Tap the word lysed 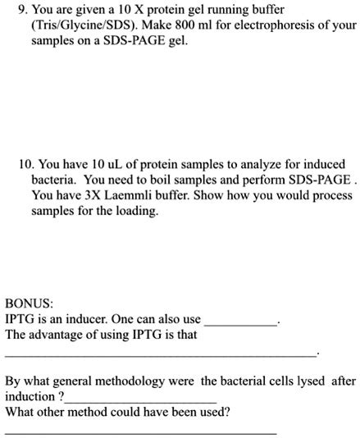coord(292,381)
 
